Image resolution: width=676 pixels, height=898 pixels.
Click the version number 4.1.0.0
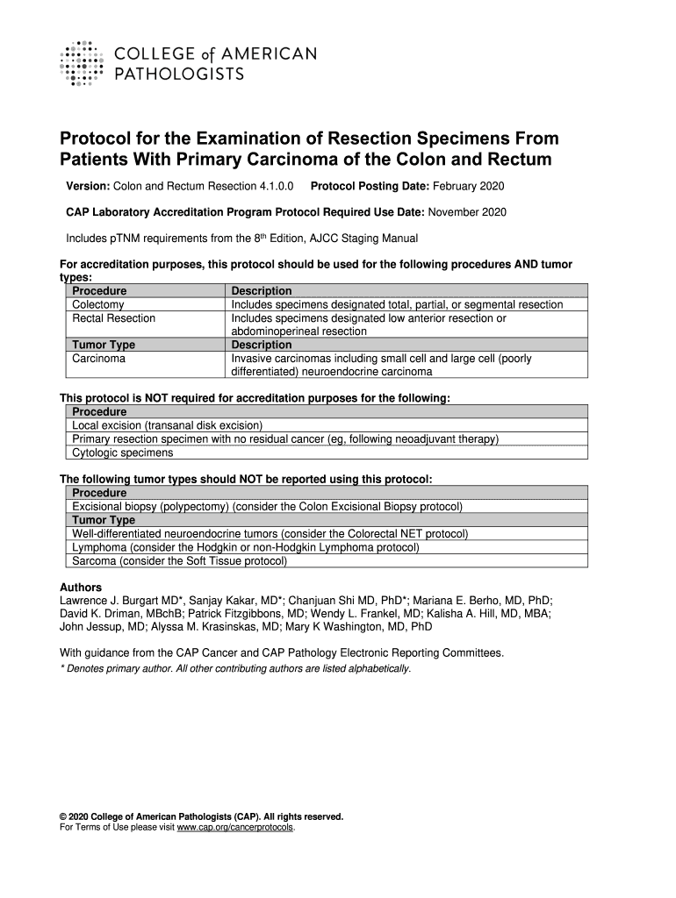273,187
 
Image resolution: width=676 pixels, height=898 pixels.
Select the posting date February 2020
467,187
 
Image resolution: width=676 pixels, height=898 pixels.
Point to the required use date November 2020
466,212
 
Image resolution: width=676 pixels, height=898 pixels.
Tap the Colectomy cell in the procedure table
98,304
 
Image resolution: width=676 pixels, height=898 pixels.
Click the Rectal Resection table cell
113,318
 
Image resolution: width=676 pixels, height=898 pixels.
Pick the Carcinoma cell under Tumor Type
98,359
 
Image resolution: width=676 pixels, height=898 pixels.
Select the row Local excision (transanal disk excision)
168,425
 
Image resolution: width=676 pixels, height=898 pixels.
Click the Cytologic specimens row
122,453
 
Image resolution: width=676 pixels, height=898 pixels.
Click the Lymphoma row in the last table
245,547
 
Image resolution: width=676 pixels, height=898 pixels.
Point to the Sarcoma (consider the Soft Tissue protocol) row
179,560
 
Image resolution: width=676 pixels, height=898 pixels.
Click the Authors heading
80,587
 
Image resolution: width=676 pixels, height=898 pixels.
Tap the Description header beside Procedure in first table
261,291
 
